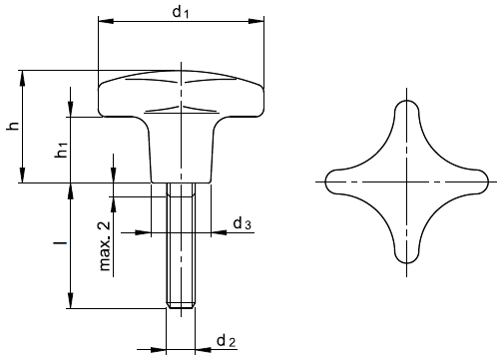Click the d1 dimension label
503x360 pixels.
pos(181,12)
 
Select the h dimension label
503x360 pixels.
pos(13,126)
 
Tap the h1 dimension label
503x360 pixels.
pos(62,150)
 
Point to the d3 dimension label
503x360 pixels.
pos(242,223)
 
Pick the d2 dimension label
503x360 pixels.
pos(227,341)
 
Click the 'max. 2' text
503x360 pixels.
pos(105,246)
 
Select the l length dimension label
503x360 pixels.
pos(60,243)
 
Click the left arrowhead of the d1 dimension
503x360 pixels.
pos(106,21)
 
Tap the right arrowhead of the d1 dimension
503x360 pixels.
pos(256,21)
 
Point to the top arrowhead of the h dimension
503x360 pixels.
pos(23,78)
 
